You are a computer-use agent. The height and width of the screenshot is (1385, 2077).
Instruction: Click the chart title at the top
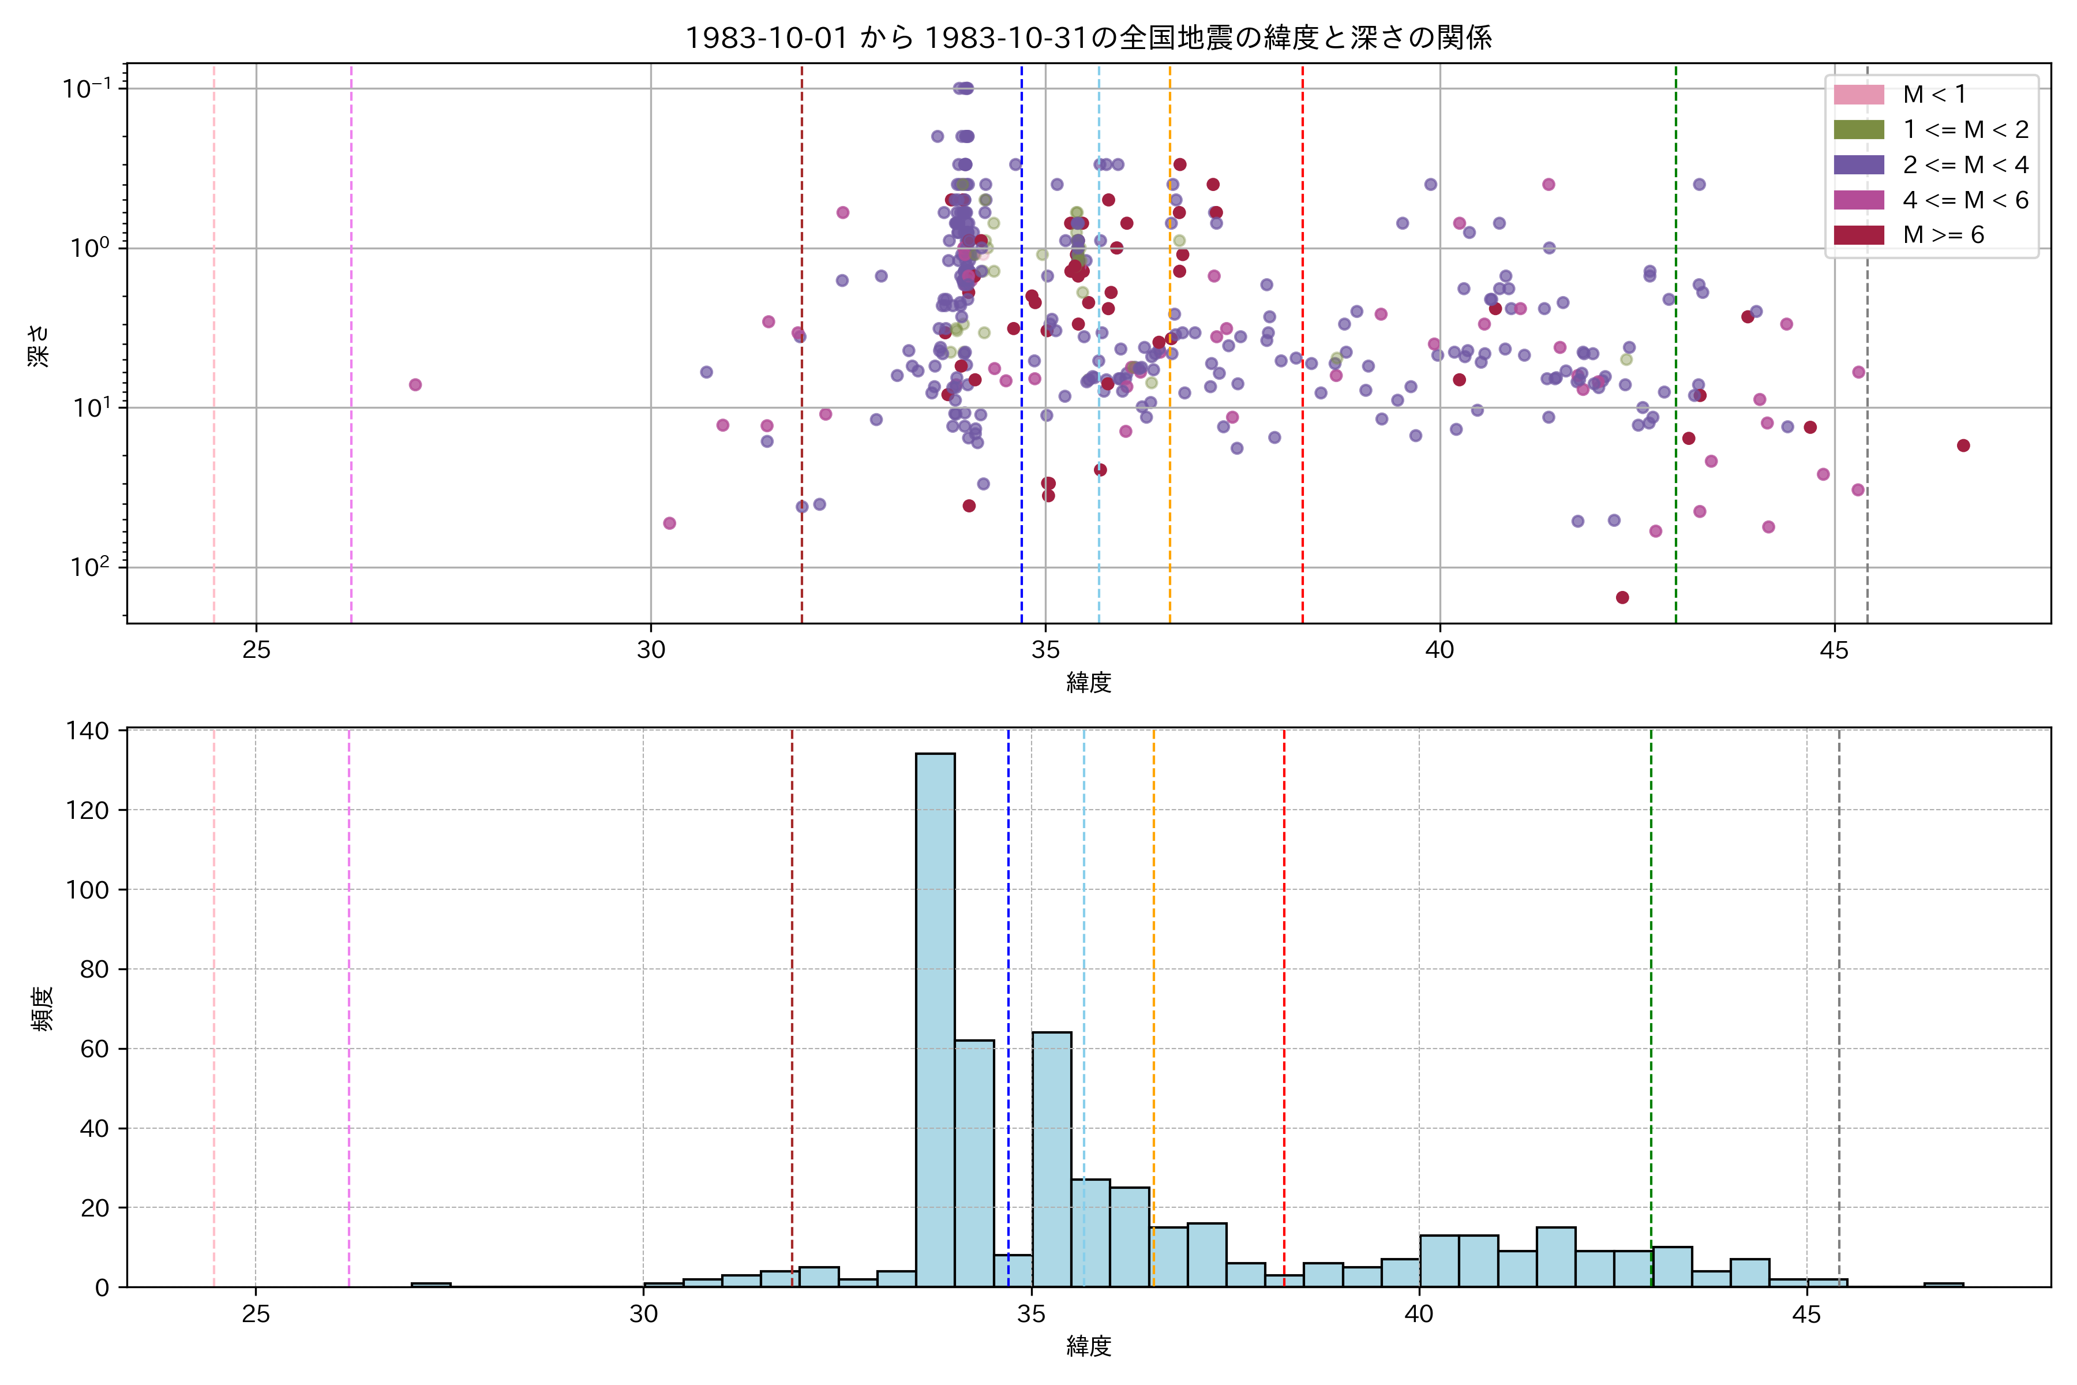click(x=1088, y=37)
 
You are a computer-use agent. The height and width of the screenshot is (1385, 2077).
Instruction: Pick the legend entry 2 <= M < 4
click(x=1965, y=165)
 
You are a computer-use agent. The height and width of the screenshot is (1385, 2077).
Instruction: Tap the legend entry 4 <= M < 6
click(x=1965, y=200)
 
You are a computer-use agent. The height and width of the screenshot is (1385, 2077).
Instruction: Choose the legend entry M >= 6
click(x=1943, y=235)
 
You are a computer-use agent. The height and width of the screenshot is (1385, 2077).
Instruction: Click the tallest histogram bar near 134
click(x=935, y=1020)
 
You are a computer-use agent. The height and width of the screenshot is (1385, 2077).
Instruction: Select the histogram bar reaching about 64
click(x=1052, y=1159)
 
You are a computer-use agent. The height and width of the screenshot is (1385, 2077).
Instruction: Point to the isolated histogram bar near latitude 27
click(x=431, y=1285)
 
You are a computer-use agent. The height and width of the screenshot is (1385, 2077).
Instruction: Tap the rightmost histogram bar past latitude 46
click(x=1944, y=1285)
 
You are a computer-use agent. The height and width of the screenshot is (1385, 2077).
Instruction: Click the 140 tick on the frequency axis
click(x=88, y=731)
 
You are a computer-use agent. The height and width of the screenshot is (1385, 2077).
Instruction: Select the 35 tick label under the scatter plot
click(x=1045, y=650)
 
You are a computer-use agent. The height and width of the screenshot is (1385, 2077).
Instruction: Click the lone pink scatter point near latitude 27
click(x=415, y=384)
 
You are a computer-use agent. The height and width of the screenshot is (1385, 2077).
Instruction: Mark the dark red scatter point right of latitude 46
click(x=1963, y=445)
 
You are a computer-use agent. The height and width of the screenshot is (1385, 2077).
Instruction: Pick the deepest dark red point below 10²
click(x=1622, y=597)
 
